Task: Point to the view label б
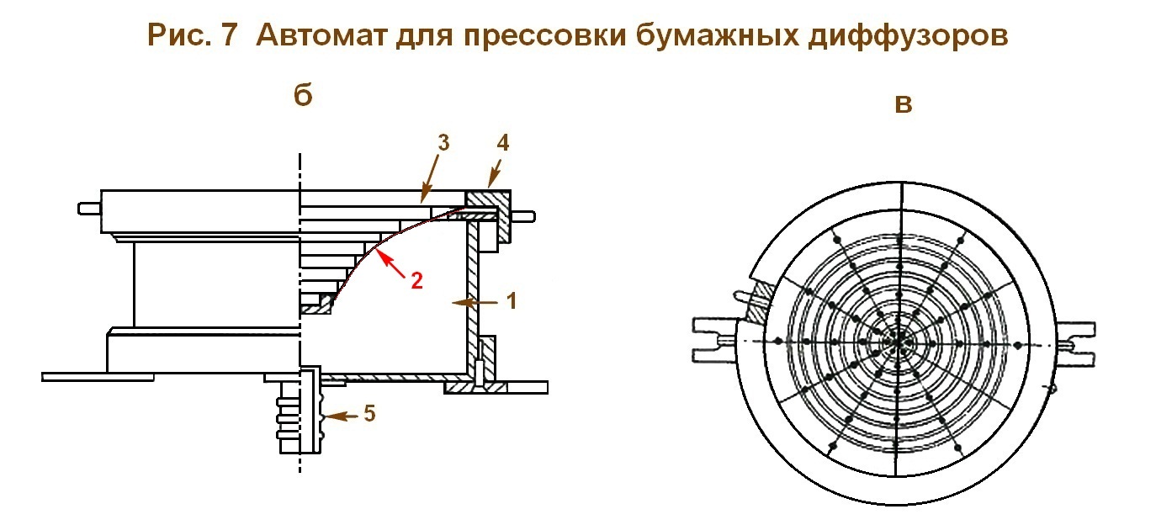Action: [x=304, y=95]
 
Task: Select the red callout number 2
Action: [x=416, y=280]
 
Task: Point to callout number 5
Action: [x=371, y=414]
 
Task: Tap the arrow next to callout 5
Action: [x=345, y=416]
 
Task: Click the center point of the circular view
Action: [x=899, y=341]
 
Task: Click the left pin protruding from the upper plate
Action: [x=88, y=207]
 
